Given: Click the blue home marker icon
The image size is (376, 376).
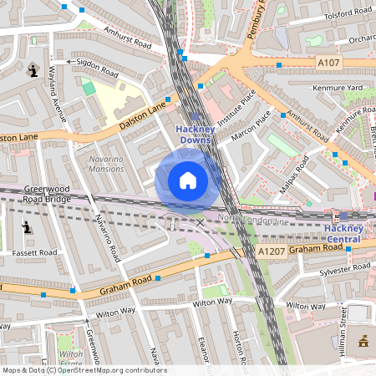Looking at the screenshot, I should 188,180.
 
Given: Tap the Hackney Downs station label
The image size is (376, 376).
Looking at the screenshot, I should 195,134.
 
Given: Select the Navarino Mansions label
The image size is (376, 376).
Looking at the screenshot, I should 106,163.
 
